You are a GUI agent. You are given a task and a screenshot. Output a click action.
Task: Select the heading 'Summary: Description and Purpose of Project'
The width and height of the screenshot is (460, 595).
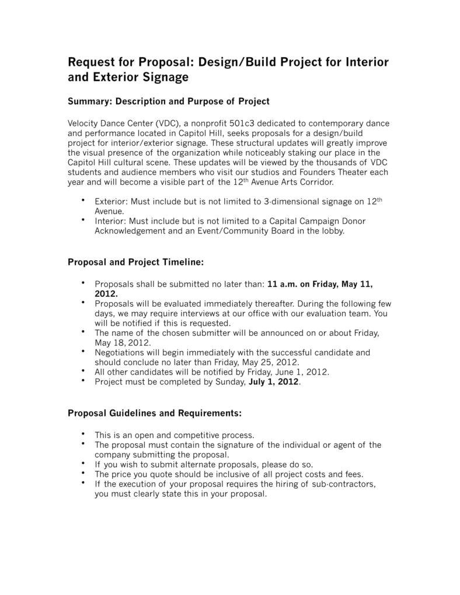click(x=169, y=101)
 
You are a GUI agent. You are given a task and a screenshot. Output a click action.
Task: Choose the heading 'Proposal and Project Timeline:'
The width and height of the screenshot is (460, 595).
click(x=136, y=262)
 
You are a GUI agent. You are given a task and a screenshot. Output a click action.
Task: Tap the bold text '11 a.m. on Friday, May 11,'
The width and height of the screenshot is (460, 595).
click(x=319, y=285)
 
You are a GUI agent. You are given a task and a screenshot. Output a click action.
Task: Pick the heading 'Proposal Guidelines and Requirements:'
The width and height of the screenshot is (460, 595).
click(x=155, y=413)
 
